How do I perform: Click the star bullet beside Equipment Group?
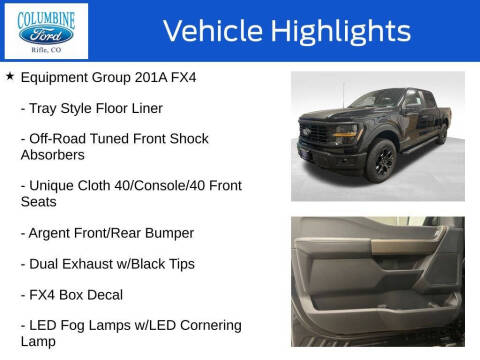coord(10,76)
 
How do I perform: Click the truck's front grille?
coord(319,134)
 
